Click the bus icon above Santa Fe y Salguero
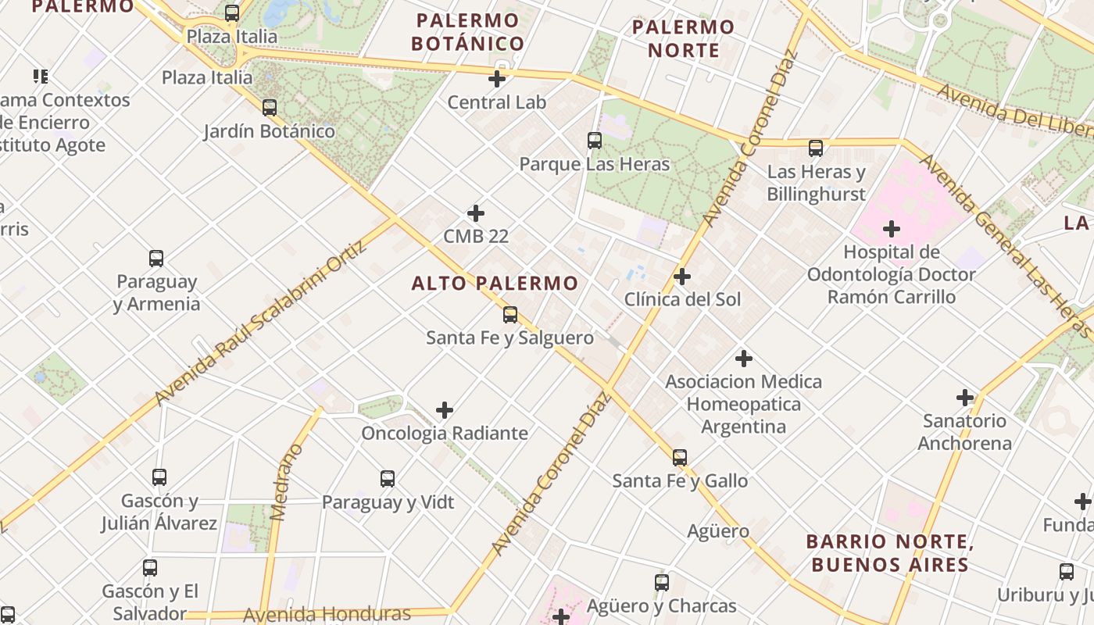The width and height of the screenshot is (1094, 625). click(x=510, y=315)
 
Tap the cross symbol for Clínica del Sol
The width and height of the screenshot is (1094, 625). click(x=682, y=277)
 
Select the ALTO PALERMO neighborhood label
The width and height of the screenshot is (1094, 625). click(x=495, y=284)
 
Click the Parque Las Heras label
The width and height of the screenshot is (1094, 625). click(x=595, y=164)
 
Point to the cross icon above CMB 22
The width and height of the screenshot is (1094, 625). click(x=475, y=213)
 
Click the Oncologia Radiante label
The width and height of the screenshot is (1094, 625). click(x=445, y=433)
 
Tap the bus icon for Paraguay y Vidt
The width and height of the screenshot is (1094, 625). click(x=388, y=479)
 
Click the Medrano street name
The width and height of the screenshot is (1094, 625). click(x=285, y=482)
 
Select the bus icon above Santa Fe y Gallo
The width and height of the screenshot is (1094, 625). click(x=680, y=458)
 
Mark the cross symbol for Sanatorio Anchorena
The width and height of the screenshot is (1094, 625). click(x=965, y=398)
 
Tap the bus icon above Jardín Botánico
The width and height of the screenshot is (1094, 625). click(x=270, y=108)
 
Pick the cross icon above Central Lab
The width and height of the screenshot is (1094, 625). click(x=497, y=79)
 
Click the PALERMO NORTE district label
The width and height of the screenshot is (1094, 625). click(x=683, y=38)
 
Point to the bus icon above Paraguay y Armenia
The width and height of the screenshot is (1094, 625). click(x=156, y=259)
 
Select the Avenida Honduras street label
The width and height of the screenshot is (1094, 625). click(x=327, y=614)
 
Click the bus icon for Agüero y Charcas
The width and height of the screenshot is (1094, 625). click(x=662, y=582)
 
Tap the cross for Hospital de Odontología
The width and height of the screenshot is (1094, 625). click(x=891, y=230)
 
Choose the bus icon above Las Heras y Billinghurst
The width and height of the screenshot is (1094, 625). click(x=816, y=148)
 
